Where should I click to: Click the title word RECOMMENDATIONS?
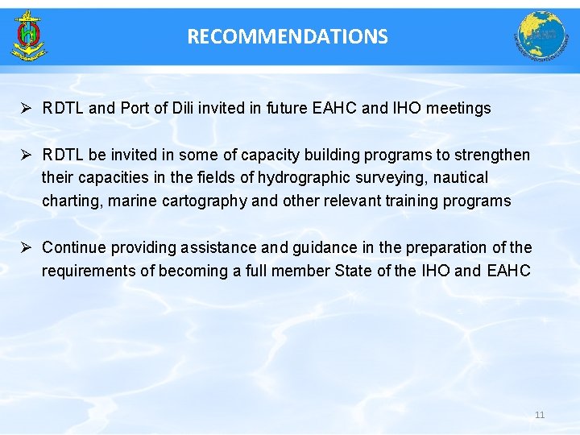(x=288, y=36)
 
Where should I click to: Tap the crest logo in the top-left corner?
(x=29, y=36)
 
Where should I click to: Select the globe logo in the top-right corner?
(x=541, y=36)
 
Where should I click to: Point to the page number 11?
(x=540, y=415)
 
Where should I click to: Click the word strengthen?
(x=493, y=155)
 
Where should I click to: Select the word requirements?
(x=89, y=271)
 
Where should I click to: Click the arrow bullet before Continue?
(x=27, y=248)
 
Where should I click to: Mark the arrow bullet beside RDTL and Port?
(x=27, y=109)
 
